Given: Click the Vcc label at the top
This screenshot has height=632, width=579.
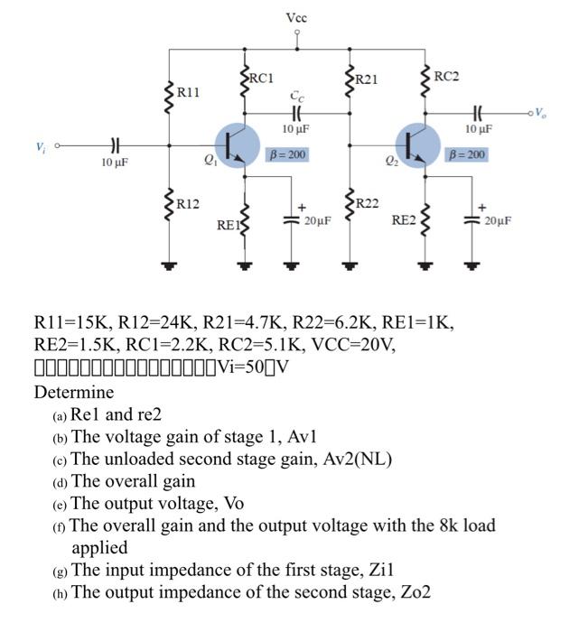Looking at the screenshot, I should (x=296, y=17).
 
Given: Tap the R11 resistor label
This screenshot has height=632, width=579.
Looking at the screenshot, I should (x=188, y=91).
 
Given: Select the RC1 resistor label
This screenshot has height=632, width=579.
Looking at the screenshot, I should (x=261, y=79).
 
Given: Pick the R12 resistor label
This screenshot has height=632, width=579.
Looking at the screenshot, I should (x=188, y=203).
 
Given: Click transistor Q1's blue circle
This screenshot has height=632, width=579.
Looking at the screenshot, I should (x=241, y=145).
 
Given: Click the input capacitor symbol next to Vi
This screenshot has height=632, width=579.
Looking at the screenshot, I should (x=114, y=145).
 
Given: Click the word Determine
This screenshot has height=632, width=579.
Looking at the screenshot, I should (x=74, y=393).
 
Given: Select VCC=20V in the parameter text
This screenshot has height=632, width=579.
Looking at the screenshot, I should (x=346, y=345).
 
